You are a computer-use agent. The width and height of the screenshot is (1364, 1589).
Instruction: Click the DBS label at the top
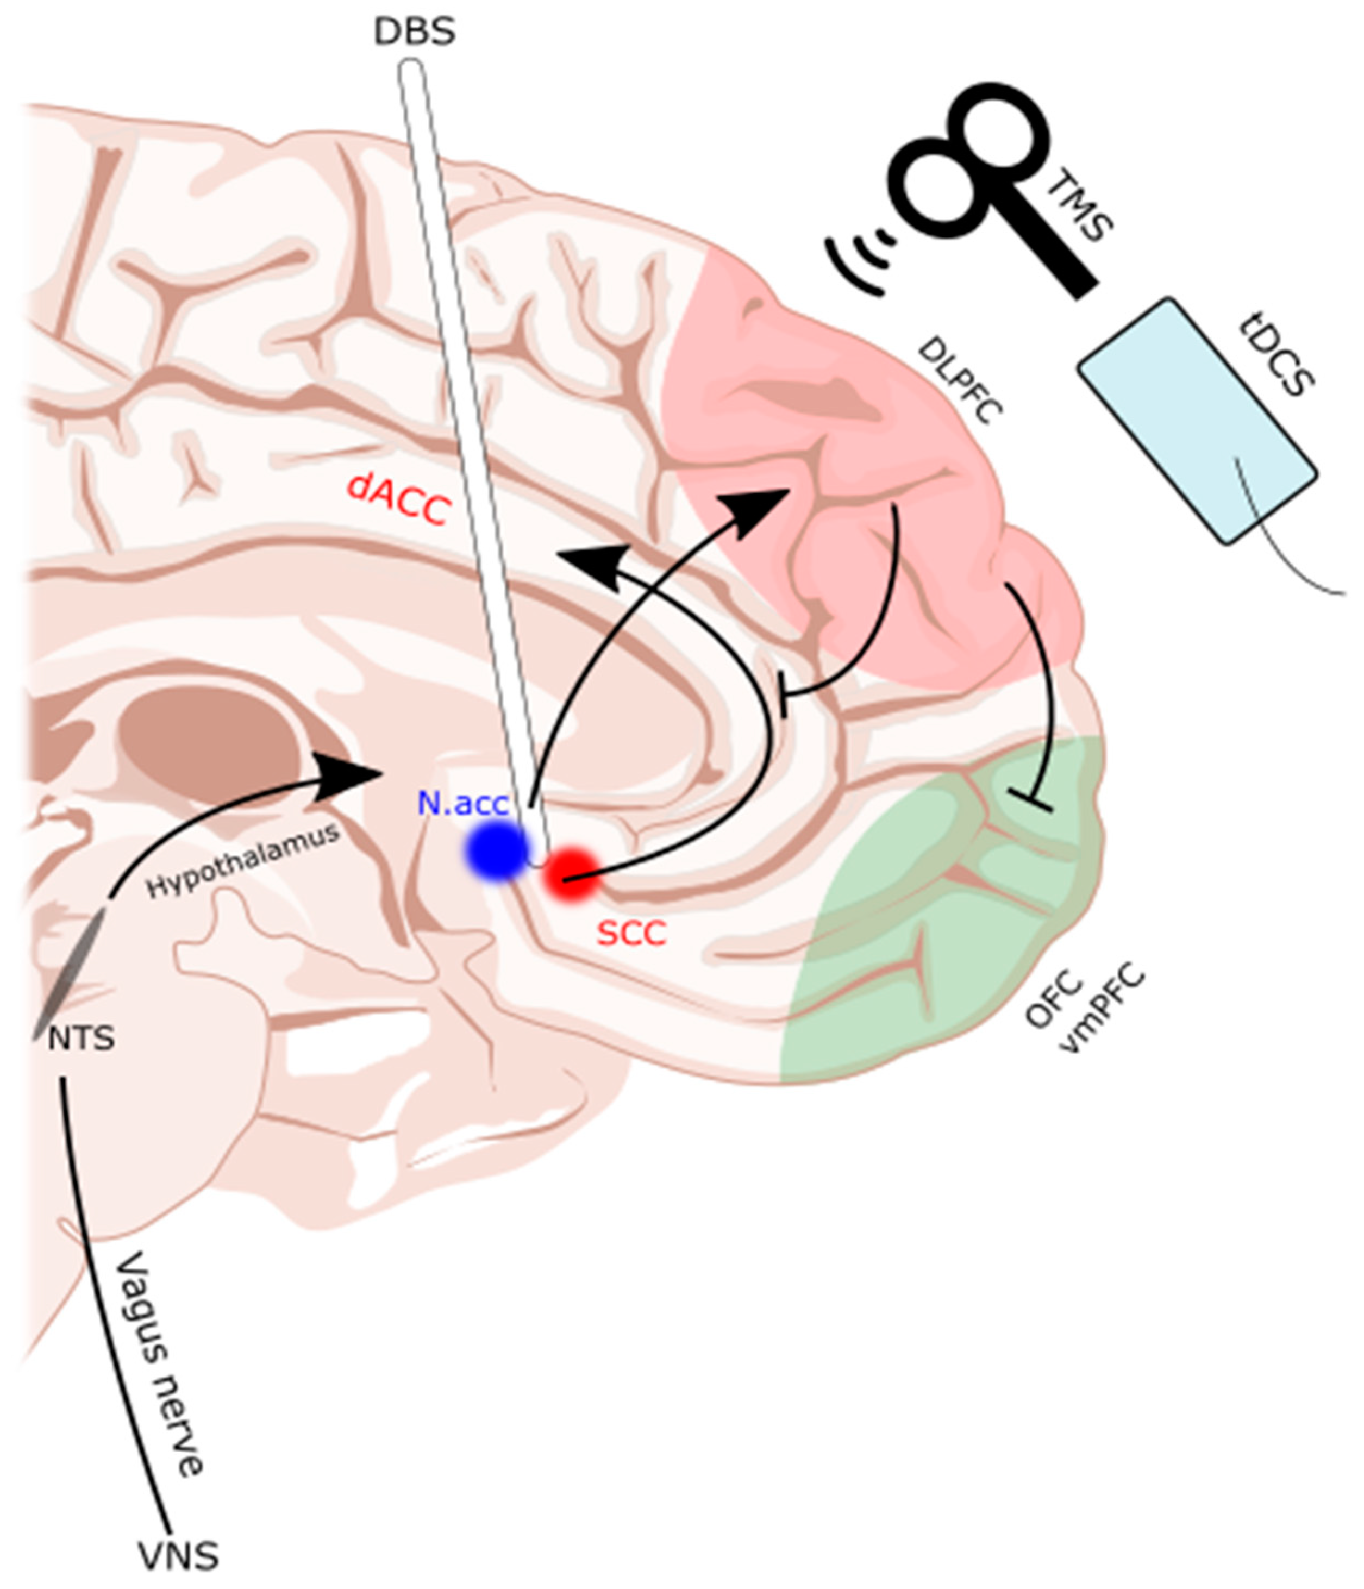click(x=414, y=32)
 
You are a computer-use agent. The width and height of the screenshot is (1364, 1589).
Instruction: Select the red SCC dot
click(x=571, y=874)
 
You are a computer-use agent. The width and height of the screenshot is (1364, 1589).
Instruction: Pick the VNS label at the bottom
click(x=178, y=1557)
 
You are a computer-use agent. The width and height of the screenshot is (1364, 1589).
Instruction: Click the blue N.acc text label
click(x=463, y=804)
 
